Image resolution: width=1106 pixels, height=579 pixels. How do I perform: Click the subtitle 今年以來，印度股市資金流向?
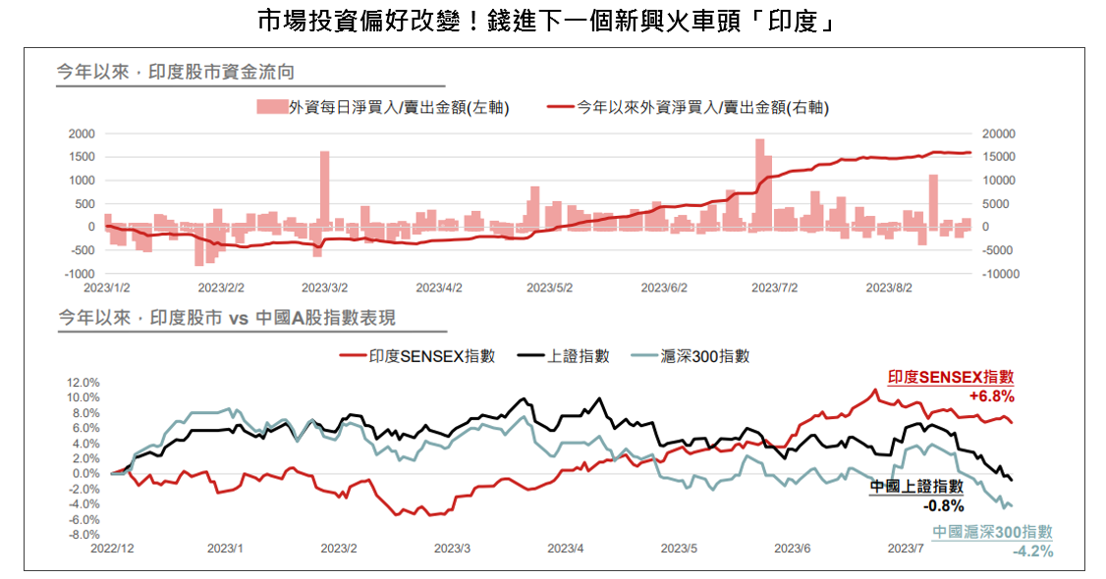[177, 72]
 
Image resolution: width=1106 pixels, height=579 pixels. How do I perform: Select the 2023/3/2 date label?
[325, 289]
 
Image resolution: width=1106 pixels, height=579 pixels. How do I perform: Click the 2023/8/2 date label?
[889, 289]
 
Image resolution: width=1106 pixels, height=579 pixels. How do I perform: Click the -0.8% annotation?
[943, 506]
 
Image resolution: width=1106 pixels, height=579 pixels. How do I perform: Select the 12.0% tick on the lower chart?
[83, 382]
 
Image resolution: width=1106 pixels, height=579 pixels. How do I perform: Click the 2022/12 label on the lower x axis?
[114, 548]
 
